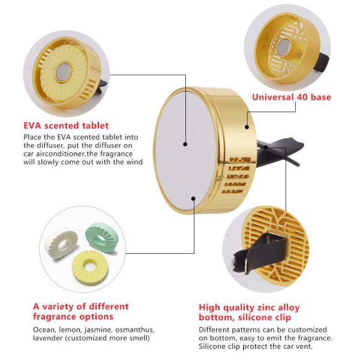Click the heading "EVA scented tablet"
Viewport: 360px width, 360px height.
(x=66, y=125)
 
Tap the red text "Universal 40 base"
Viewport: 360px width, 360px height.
(x=292, y=97)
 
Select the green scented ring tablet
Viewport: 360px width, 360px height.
(x=100, y=235)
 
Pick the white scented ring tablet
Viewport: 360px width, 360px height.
(x=63, y=245)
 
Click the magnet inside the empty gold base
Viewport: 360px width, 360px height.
(x=284, y=46)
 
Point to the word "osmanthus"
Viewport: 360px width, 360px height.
(x=134, y=330)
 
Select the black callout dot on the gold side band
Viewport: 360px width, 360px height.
(x=247, y=127)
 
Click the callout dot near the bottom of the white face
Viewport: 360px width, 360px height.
(x=194, y=199)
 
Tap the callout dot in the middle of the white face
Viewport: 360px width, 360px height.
(x=185, y=144)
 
